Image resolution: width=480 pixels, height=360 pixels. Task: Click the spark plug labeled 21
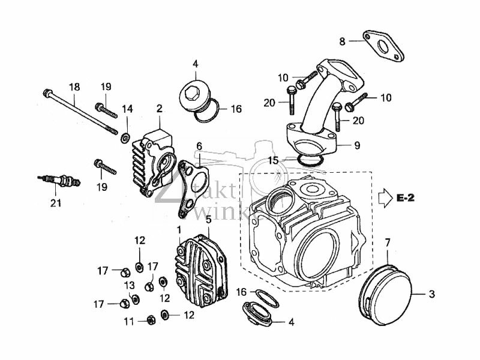point(59,179)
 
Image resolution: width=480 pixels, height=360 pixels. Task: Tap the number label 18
point(74,87)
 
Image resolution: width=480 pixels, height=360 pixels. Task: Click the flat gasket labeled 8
point(383,46)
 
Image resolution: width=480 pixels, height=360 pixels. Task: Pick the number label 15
point(273,161)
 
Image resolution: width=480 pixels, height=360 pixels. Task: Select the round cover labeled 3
point(388,294)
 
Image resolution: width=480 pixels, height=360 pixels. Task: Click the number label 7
point(388,242)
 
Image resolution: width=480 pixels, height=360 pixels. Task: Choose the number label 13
point(129,284)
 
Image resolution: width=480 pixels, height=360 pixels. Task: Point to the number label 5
point(208,220)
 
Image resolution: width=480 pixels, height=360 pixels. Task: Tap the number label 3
point(431,294)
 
